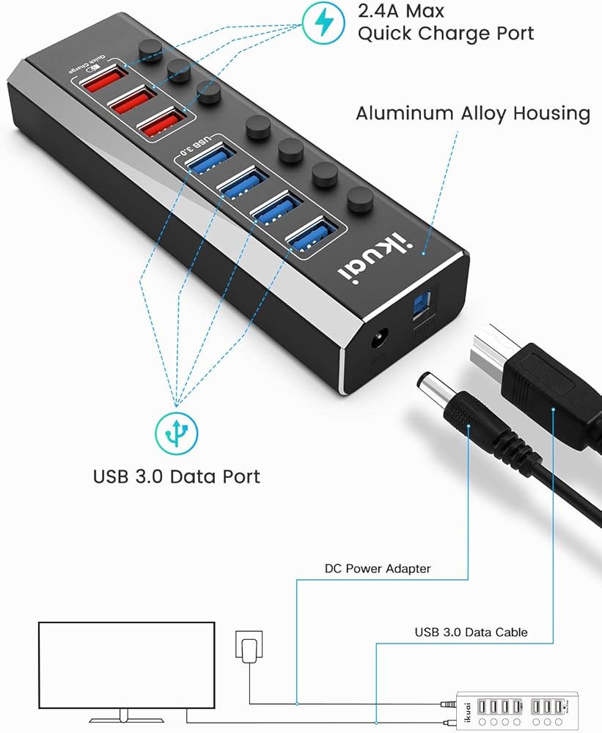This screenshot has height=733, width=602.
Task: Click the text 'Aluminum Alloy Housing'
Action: (x=473, y=114)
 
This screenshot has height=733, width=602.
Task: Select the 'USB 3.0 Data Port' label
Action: (x=176, y=476)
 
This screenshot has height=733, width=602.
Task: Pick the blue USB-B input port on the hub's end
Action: (x=425, y=307)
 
